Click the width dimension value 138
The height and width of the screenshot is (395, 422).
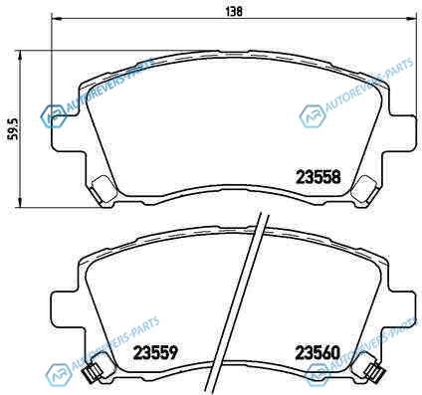234,12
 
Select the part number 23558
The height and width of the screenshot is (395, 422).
318,177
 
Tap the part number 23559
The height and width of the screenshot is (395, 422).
155,353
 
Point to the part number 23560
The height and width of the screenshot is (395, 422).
317,353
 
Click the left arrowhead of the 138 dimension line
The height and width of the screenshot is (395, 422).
55,18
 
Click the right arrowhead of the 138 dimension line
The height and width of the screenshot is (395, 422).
412,18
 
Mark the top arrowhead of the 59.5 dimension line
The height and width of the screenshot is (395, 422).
21,55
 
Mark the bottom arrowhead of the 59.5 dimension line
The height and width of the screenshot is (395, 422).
21,203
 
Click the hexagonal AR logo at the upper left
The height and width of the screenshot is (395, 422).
53,116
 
